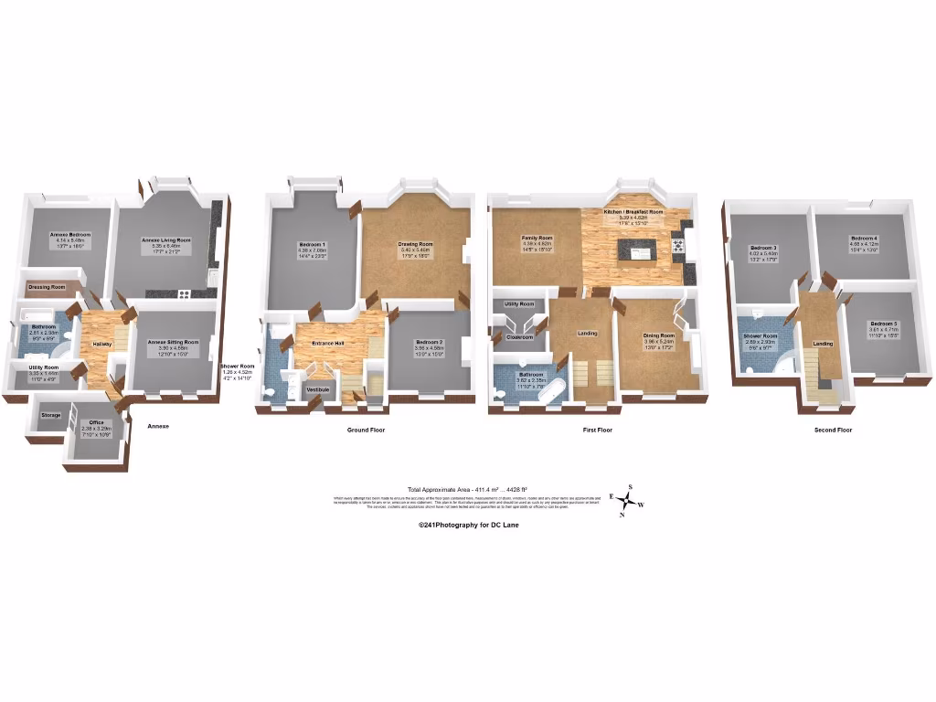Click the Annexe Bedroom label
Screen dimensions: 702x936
click(66, 235)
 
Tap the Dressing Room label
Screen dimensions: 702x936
click(45, 287)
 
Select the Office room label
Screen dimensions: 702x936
click(96, 422)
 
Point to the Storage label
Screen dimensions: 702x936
click(51, 415)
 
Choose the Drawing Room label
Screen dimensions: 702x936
click(415, 244)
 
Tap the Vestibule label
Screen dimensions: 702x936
click(318, 389)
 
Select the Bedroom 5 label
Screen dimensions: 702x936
click(883, 324)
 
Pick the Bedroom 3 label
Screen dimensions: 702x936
click(763, 248)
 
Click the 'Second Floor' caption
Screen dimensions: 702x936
click(833, 430)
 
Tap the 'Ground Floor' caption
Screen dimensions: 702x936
click(367, 430)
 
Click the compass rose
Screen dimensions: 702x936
click(628, 501)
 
